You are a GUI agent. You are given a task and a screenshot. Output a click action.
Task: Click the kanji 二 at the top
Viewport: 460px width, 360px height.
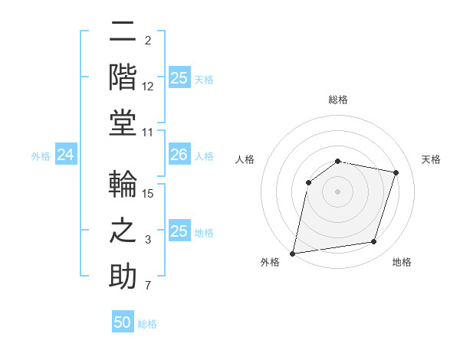(x=123, y=33)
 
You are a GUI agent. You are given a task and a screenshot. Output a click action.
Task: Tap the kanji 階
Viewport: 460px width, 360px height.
(x=123, y=77)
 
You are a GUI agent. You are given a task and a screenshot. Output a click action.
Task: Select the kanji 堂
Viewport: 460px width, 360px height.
(x=123, y=121)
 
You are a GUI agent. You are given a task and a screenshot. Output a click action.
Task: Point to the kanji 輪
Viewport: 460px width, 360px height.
(x=123, y=185)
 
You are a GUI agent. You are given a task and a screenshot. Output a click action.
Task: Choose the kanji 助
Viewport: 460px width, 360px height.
(x=123, y=275)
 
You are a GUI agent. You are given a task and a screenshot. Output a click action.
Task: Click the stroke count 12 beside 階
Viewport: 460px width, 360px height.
(x=148, y=87)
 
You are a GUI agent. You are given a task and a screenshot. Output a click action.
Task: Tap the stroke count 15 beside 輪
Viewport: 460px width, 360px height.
(x=148, y=195)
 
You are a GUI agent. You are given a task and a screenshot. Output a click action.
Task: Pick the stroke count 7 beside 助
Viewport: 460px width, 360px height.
(x=148, y=286)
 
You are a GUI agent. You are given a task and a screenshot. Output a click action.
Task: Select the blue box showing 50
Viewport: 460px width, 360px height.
(x=123, y=322)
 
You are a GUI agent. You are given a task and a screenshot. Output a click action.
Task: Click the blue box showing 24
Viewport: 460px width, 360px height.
(x=65, y=155)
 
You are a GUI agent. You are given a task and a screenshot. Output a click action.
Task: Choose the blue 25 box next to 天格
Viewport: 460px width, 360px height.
(x=179, y=78)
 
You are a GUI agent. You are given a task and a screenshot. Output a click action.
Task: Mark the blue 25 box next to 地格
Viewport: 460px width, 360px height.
(x=179, y=231)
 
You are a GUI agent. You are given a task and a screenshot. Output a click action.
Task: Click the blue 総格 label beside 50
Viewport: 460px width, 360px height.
(x=147, y=324)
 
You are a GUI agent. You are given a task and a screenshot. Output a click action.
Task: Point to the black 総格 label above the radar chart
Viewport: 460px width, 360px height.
(x=337, y=100)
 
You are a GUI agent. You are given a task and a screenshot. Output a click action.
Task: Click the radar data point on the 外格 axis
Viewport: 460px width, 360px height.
(x=293, y=253)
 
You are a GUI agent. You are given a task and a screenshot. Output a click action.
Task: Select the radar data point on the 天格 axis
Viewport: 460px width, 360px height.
(x=396, y=172)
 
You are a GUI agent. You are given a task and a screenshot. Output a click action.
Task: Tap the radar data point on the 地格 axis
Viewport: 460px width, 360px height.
(x=374, y=241)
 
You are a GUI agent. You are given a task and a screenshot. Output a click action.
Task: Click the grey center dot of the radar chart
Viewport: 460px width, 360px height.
(x=337, y=191)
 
